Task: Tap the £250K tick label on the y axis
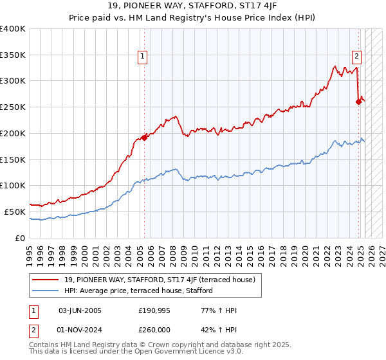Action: pyautogui.click(x=13, y=107)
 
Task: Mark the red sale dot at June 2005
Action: pyautogui.click(x=144, y=137)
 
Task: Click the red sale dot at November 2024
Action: pyautogui.click(x=358, y=101)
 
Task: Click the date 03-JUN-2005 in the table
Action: pyautogui.click(x=80, y=310)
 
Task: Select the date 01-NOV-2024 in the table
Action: pyautogui.click(x=80, y=330)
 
